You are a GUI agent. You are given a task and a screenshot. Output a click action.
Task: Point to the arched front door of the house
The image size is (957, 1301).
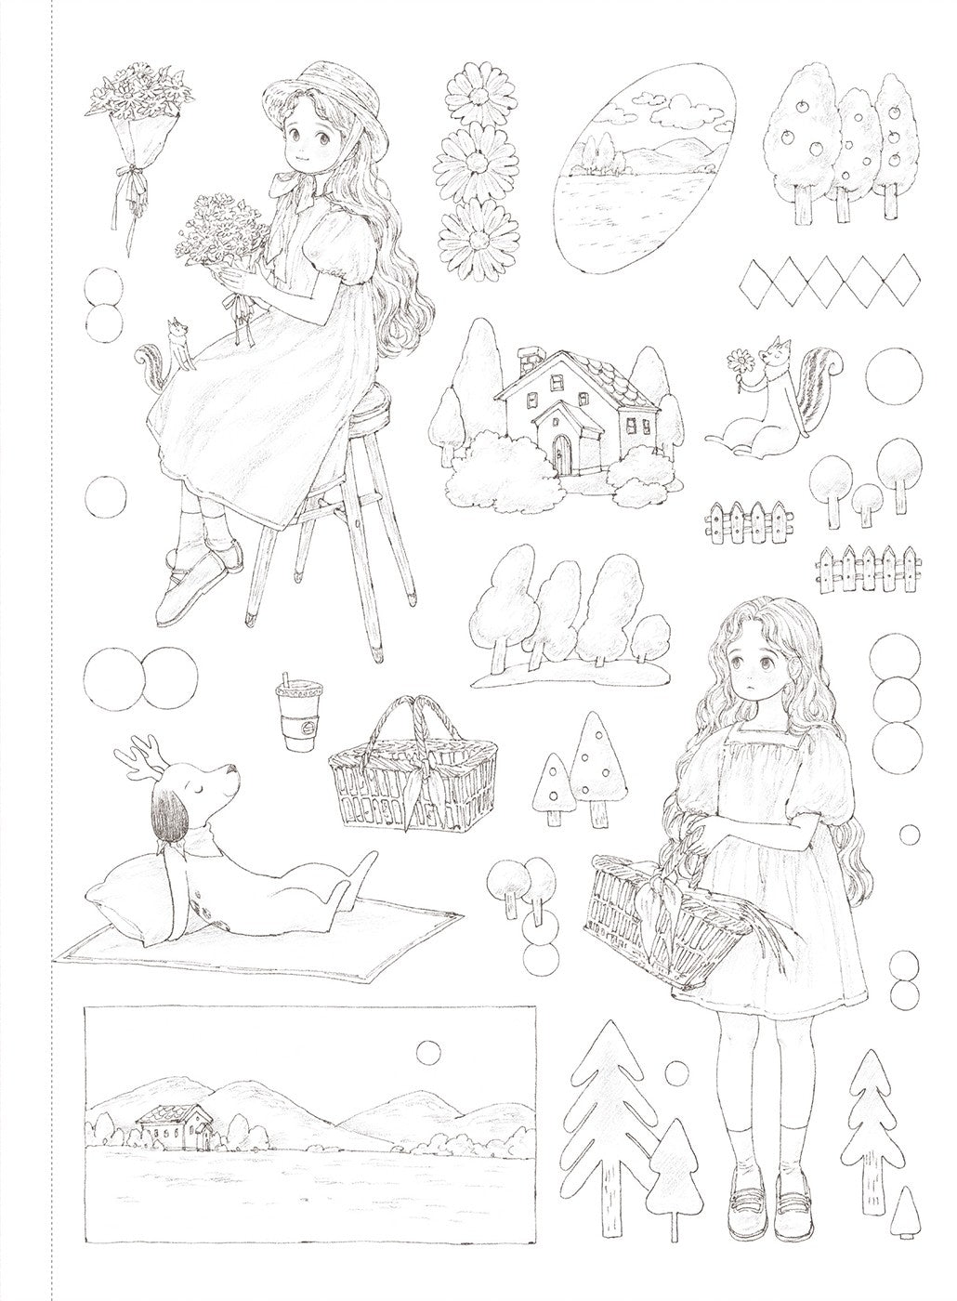(x=561, y=453)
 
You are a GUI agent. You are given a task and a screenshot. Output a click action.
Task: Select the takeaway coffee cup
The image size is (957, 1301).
(x=295, y=717)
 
